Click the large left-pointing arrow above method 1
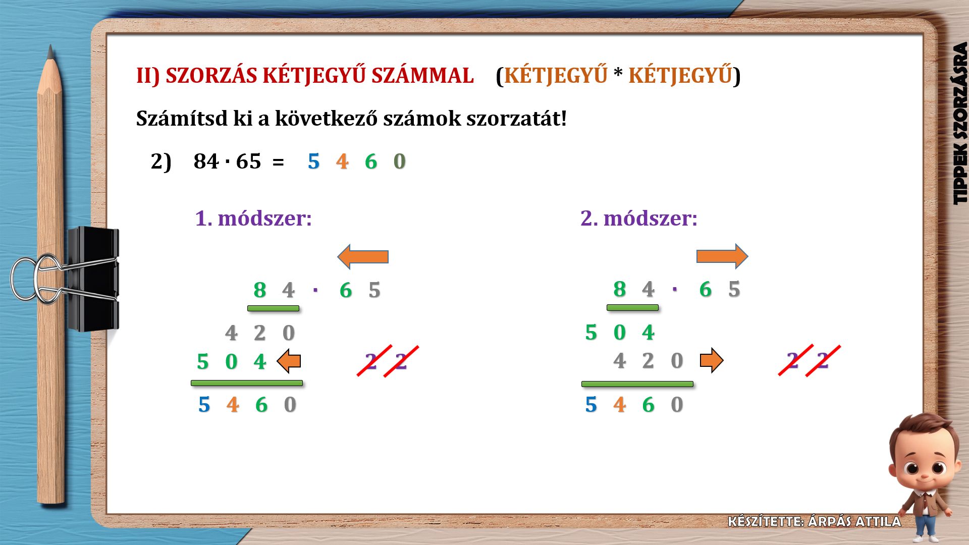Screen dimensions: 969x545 coord(363,257)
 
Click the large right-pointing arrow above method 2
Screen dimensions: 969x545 coord(722,256)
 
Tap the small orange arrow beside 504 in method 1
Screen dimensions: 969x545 coord(289,361)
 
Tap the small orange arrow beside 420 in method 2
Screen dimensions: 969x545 coord(712,360)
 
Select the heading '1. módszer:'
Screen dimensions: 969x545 coord(253,219)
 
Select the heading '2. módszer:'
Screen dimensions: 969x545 coord(639,219)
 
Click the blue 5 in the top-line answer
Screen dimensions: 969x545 coord(314,161)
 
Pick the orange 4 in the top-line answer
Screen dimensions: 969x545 coord(342,161)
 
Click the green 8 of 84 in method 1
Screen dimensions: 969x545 coord(260,290)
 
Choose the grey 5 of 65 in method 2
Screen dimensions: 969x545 coord(734,289)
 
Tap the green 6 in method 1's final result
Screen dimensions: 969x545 coord(261,405)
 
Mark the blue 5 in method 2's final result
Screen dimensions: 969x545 coord(591,405)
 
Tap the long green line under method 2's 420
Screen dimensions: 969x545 coord(637,384)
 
